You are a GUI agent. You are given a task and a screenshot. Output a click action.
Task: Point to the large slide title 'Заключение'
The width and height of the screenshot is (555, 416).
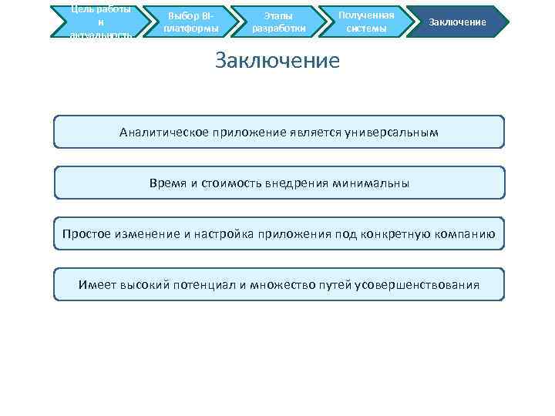tap(277, 60)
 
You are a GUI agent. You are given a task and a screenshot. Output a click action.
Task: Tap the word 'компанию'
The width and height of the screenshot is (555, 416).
tap(466, 234)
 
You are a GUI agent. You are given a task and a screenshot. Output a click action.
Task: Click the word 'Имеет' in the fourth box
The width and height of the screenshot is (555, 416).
tap(97, 285)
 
